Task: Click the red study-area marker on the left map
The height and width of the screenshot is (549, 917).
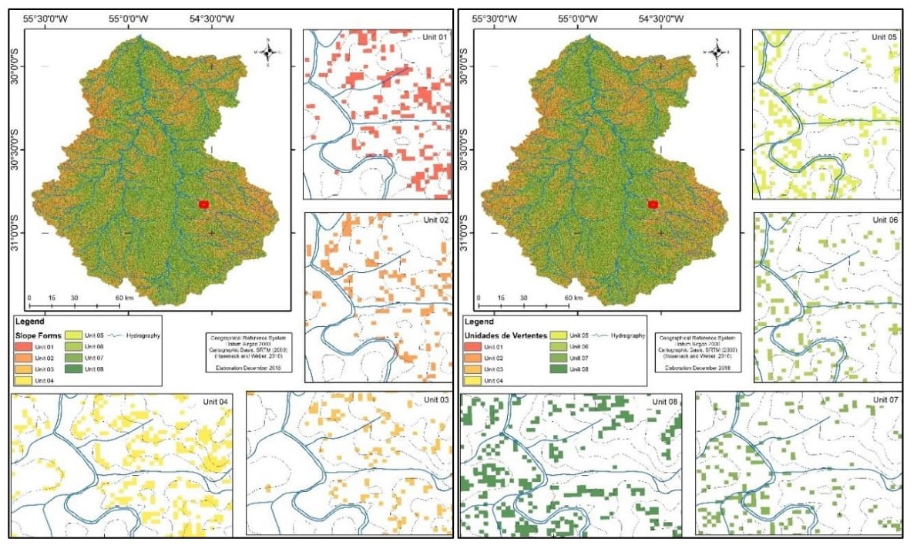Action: (204, 204)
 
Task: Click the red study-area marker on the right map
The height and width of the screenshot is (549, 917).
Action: (653, 204)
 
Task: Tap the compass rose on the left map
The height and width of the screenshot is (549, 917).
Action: (269, 52)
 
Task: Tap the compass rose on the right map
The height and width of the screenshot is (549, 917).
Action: (717, 52)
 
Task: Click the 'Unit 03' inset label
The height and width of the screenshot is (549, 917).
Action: (438, 399)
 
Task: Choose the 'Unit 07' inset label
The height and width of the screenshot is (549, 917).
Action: (885, 399)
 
